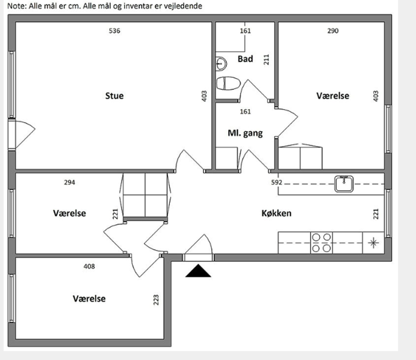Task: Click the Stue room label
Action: click(114, 96)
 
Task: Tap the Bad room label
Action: click(245, 59)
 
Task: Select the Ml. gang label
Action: click(245, 133)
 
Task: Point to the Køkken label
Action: click(276, 213)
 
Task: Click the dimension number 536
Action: click(114, 31)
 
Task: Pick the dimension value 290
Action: click(333, 31)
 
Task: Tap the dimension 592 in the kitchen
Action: click(276, 183)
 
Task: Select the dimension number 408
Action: click(89, 266)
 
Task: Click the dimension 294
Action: click(70, 183)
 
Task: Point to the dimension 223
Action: click(156, 300)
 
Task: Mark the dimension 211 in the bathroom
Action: click(266, 60)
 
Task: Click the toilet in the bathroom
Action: click(228, 83)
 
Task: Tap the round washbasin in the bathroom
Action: click(221, 64)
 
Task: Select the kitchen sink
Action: click(344, 184)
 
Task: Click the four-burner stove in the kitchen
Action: click(321, 243)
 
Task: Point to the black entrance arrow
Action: click(198, 271)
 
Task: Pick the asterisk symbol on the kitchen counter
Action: click(374, 243)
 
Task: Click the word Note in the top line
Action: click(16, 6)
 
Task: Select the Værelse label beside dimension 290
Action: click(333, 96)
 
